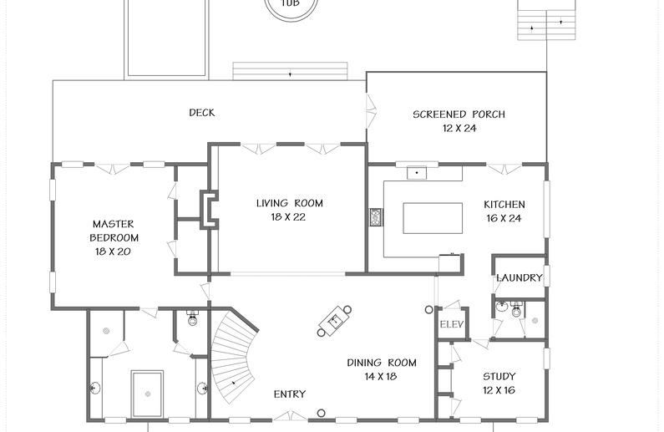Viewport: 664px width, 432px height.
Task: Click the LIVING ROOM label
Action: [290, 203]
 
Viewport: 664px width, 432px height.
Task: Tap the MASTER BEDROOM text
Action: [114, 231]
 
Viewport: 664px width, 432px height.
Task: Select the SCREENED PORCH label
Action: [459, 114]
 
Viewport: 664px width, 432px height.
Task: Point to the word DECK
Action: [202, 113]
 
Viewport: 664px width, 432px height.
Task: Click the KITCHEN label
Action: [504, 205]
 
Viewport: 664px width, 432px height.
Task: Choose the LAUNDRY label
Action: [520, 278]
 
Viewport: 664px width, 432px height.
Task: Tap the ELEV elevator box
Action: [453, 323]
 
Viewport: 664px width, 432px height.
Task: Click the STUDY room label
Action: [499, 377]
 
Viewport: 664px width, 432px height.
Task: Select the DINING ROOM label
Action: [382, 363]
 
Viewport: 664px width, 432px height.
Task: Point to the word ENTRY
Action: [290, 394]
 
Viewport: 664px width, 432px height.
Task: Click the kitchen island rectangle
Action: [433, 218]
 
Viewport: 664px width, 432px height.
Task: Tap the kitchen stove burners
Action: [376, 217]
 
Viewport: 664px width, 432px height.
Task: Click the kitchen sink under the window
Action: [417, 173]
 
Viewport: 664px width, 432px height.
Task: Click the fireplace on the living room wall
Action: [210, 210]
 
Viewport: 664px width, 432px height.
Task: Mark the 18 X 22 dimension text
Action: [288, 217]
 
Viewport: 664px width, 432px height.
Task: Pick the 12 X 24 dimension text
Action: [459, 129]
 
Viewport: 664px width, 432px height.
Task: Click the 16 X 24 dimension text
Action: [504, 219]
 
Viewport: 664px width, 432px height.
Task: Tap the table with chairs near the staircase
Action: [335, 321]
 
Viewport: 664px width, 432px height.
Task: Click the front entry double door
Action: [290, 416]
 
